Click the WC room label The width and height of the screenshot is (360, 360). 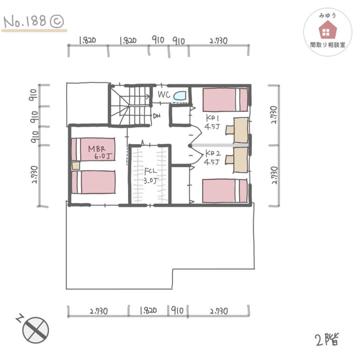[x=164, y=95]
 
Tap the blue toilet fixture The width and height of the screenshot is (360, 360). [x=180, y=96]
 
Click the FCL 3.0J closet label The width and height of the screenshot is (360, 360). [x=151, y=176]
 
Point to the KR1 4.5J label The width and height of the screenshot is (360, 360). [x=212, y=123]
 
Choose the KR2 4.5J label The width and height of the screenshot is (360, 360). [x=213, y=158]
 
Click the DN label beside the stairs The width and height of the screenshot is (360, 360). [x=157, y=116]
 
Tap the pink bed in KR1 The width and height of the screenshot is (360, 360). [x=225, y=100]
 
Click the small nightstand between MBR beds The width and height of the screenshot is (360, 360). [x=76, y=165]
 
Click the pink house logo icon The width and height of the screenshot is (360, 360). [x=327, y=29]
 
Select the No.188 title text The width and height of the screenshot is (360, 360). [x=25, y=22]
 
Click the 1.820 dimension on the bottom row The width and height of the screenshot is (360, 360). [x=148, y=311]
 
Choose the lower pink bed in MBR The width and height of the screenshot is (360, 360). [x=93, y=182]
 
